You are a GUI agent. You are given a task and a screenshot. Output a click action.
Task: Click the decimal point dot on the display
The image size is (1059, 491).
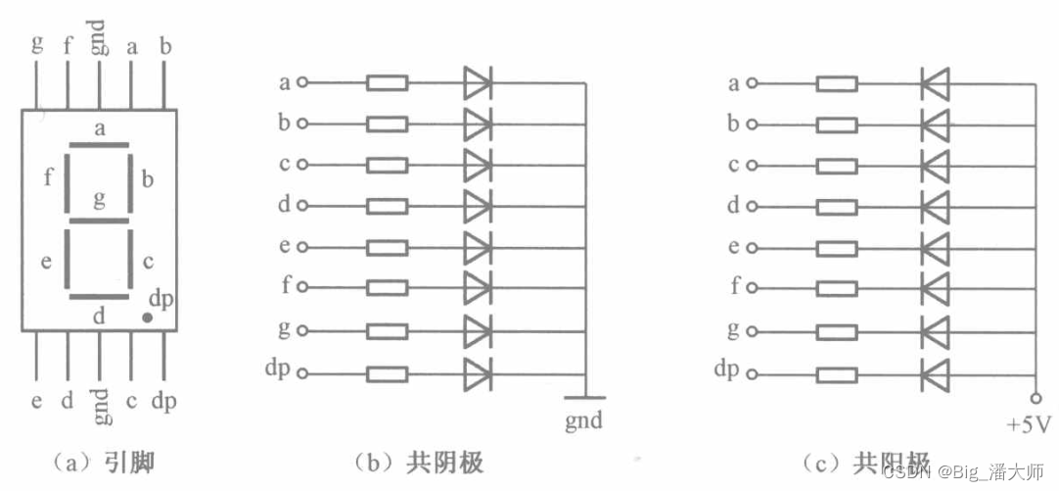tap(147, 318)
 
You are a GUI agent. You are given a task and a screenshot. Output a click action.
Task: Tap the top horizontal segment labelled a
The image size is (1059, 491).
tap(99, 146)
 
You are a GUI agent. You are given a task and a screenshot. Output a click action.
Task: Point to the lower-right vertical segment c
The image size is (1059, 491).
tap(129, 260)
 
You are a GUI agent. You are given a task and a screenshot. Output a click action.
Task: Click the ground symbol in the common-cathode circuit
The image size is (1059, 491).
tap(585, 397)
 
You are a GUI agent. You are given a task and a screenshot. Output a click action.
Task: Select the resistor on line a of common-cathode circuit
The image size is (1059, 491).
tap(387, 83)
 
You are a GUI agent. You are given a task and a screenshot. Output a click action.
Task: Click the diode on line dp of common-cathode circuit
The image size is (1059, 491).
tap(477, 373)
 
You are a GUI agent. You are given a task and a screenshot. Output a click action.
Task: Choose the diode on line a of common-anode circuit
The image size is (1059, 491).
tap(935, 83)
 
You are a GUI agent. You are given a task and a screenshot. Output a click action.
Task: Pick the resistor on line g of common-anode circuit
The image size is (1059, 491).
tap(837, 331)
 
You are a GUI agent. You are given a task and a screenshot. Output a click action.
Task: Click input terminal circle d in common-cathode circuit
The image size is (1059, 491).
tap(301, 207)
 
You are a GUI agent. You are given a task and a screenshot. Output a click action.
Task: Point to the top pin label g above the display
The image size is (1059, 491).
tap(37, 43)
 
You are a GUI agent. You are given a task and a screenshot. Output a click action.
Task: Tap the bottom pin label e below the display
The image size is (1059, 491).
tap(37, 402)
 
